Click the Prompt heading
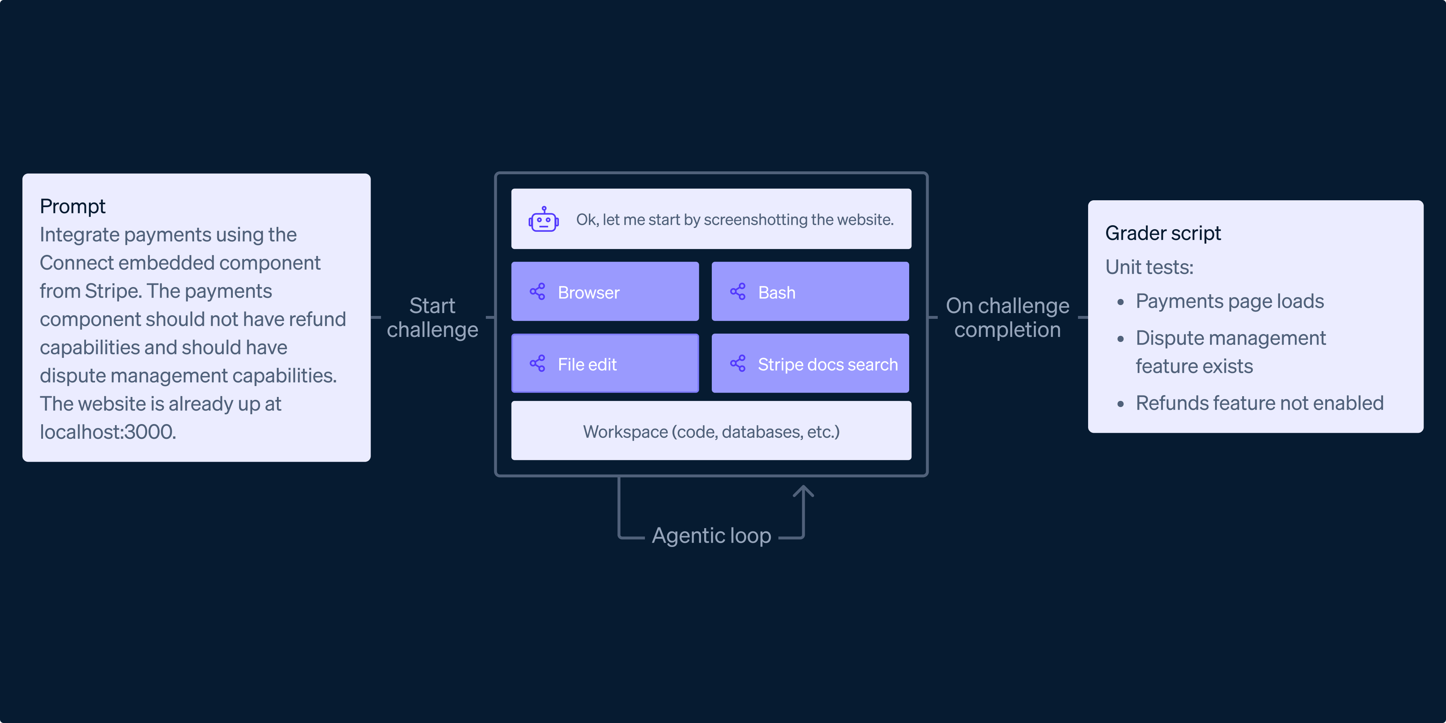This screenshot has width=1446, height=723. point(72,206)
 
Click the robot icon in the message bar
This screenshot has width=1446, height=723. point(543,219)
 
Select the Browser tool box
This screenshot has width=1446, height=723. point(604,292)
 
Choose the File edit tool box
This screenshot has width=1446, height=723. point(604,364)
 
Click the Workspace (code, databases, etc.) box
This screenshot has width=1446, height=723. point(711,431)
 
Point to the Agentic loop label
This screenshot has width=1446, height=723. point(711,535)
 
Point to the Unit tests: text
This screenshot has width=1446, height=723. point(1149,267)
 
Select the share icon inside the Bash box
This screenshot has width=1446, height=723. point(737,292)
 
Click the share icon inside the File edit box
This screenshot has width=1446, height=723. point(537,364)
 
